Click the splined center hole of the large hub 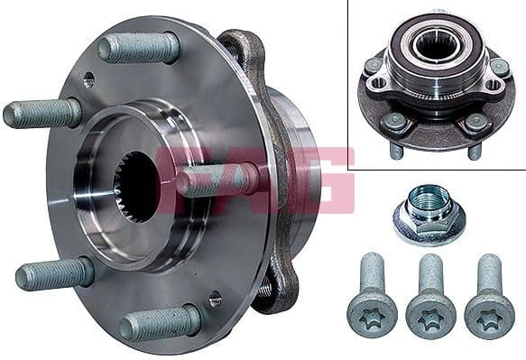click(x=137, y=187)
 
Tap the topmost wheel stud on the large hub click(x=140, y=47)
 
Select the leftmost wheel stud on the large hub click(x=42, y=114)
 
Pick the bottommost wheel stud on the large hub click(x=161, y=322)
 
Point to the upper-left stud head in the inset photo click(x=374, y=65)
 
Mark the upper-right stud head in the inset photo click(x=498, y=67)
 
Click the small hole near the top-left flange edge click(x=88, y=80)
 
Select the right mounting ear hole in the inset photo click(x=492, y=85)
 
